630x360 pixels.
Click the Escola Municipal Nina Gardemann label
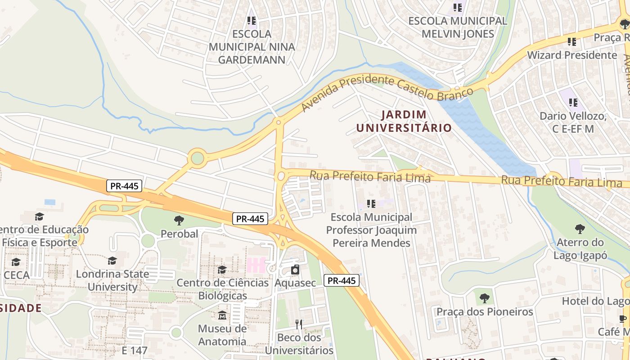coord(252,47)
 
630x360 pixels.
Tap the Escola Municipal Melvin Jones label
coord(458,27)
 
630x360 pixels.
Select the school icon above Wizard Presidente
coord(571,42)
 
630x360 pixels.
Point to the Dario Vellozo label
coord(573,122)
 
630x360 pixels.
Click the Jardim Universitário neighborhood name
coord(404,121)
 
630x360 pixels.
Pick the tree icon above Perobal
coord(179,220)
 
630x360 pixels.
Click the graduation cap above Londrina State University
coord(112,261)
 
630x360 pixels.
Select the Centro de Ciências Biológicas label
coord(222,289)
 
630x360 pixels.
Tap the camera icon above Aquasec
coord(295,270)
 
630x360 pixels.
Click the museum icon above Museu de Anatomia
coord(222,315)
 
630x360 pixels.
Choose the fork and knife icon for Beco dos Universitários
coord(299,324)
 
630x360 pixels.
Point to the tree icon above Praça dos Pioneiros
coord(484,298)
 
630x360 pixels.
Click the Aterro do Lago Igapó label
coord(580,249)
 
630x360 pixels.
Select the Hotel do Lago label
coord(595,301)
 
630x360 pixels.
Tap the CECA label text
coord(16,275)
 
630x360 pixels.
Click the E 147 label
coord(135,350)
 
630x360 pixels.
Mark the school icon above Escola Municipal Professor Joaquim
coord(371,204)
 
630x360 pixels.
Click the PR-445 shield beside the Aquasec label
coord(341,281)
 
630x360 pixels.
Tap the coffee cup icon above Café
coord(623,319)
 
